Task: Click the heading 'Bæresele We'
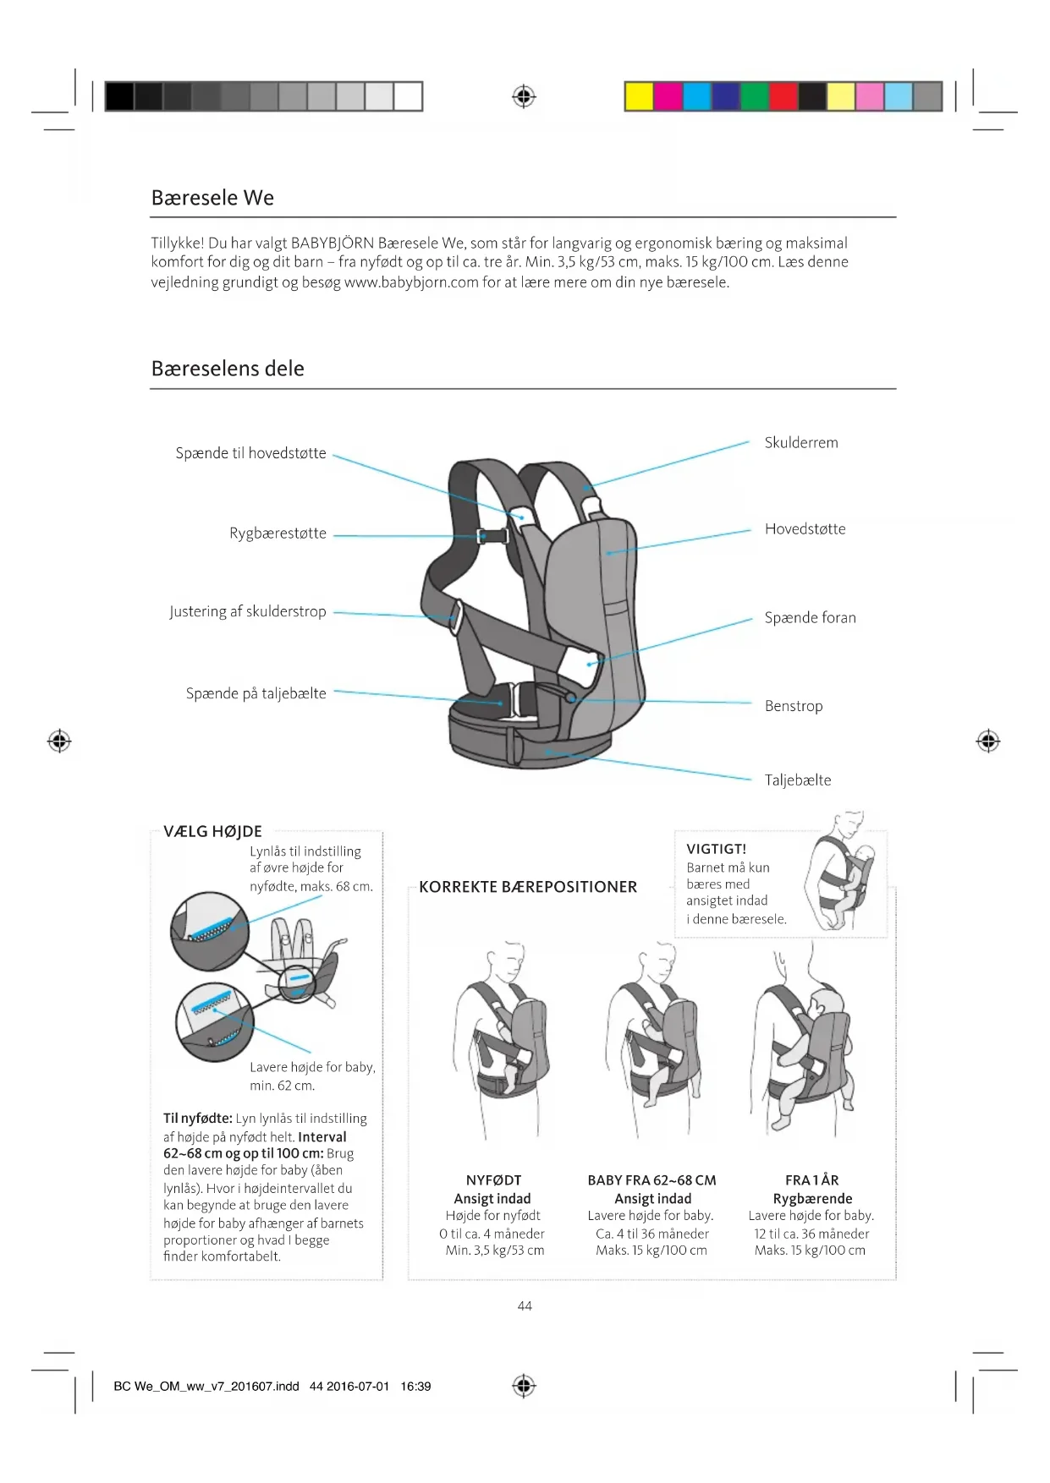point(212,198)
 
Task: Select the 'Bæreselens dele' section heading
point(228,369)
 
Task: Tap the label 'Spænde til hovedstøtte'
point(250,453)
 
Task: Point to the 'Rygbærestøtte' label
point(278,534)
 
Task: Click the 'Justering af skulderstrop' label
point(247,611)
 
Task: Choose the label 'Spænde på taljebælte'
point(256,693)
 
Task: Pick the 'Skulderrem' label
point(801,443)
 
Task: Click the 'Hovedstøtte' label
point(805,529)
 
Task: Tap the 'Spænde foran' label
point(810,618)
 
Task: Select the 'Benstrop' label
point(793,706)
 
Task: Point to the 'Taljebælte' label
point(797,780)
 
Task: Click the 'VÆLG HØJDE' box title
point(212,832)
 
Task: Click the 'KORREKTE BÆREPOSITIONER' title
point(528,887)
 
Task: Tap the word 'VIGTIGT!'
point(716,849)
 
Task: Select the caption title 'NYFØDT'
point(493,1180)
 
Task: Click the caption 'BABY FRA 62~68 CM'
point(651,1180)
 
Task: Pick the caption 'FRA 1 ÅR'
point(811,1180)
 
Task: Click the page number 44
point(525,1306)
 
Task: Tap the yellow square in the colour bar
point(639,97)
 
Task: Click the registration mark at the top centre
point(525,97)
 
